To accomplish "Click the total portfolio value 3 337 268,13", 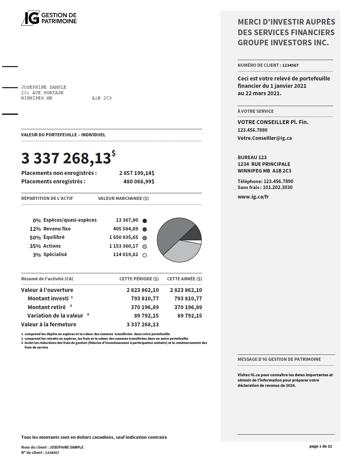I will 66,158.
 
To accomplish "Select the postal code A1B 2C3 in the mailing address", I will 102,98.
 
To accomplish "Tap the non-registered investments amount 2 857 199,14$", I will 137,173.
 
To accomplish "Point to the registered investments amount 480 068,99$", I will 139,182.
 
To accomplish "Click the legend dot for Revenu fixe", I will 144,229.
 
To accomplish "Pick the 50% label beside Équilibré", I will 35,238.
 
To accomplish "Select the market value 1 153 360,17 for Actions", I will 123,246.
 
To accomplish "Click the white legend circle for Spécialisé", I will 144,255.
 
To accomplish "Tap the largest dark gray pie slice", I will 172,232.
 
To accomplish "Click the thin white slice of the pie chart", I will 197,242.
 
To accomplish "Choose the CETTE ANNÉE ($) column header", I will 184,279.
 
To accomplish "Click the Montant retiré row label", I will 47,307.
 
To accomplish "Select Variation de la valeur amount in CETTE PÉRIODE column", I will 146,316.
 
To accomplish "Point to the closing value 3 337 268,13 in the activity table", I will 142,325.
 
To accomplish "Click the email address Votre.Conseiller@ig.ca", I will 264,138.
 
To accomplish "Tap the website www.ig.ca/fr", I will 253,197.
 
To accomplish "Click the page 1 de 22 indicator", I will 320,446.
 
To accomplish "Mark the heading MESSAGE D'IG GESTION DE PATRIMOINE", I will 279,359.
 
